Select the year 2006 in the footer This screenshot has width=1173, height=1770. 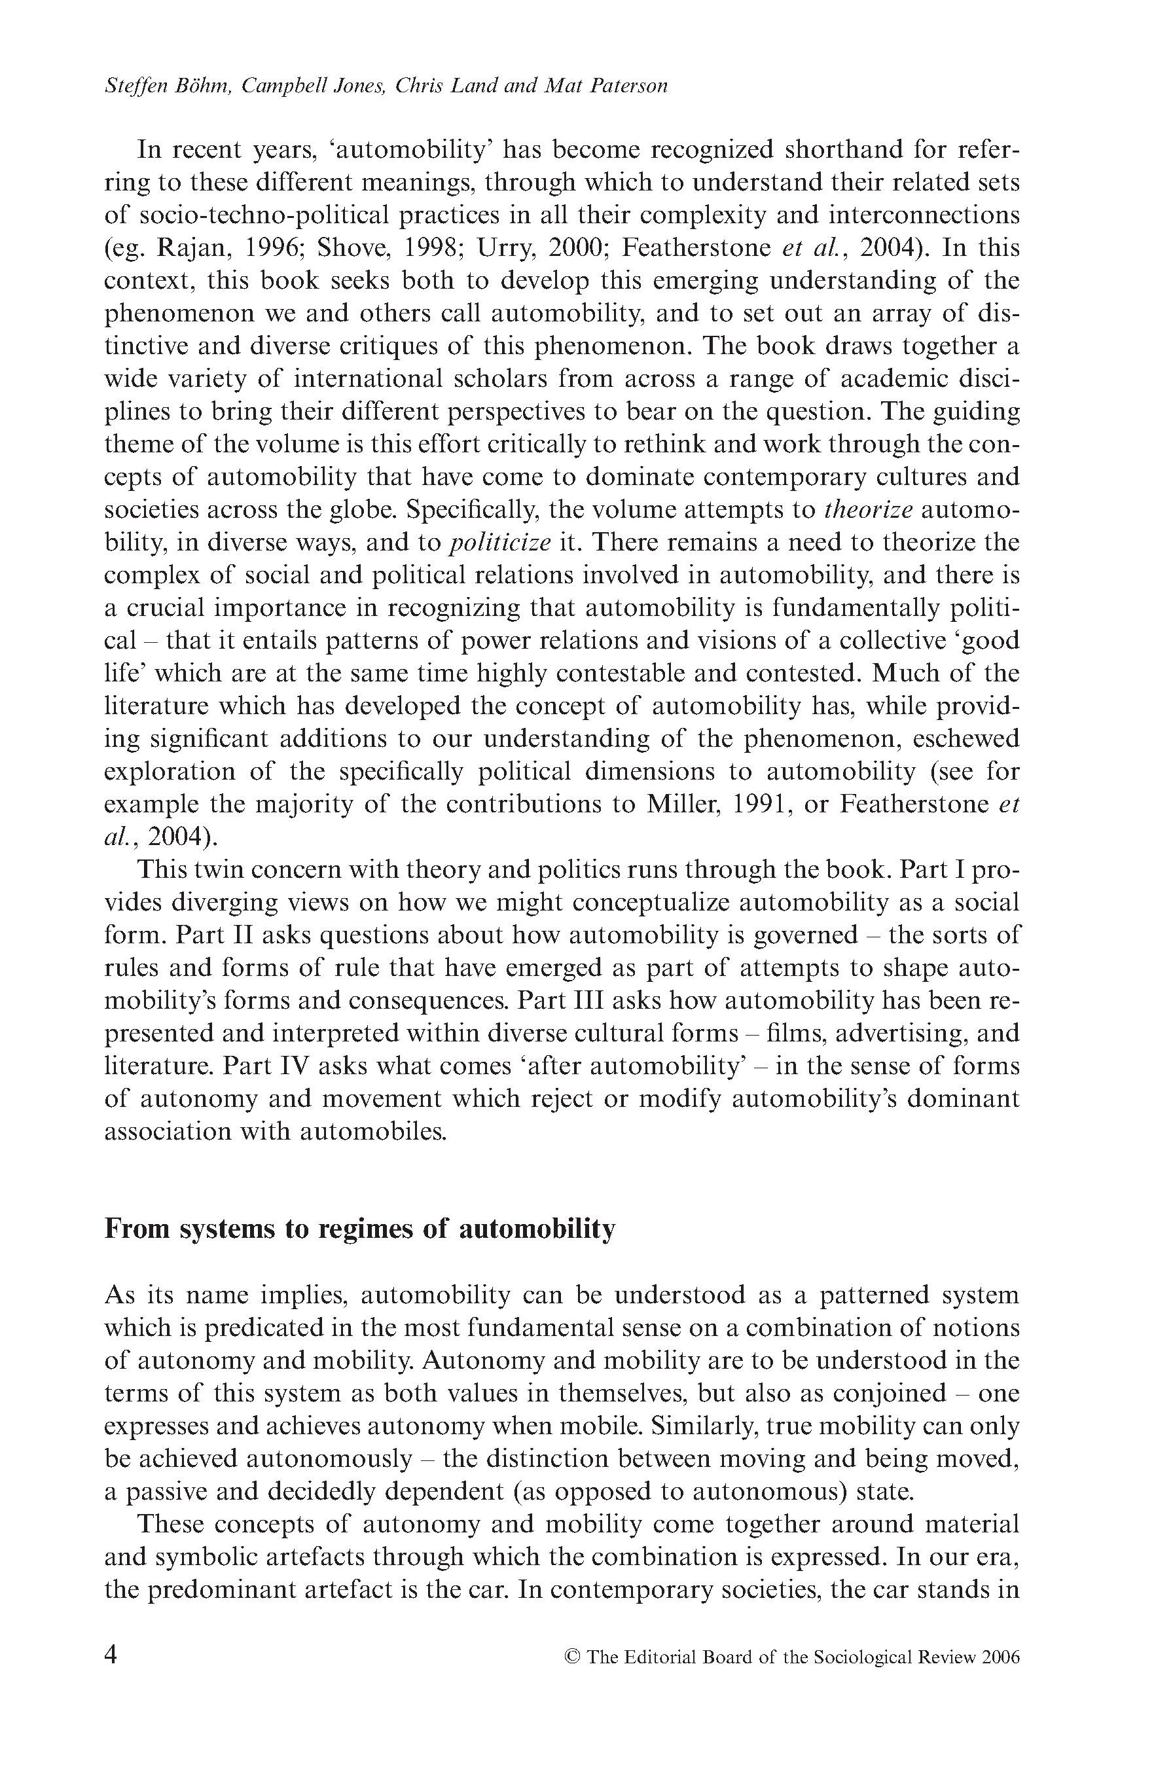coord(1001,1657)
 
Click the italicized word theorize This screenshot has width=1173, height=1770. coord(868,509)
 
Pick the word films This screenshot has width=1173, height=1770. coord(795,1033)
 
